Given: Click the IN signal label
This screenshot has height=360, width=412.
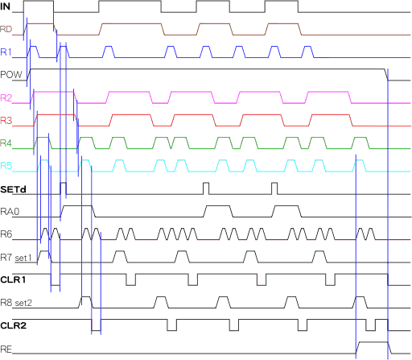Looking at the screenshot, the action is [6, 6].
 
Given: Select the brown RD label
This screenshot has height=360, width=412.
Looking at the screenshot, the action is [6, 29].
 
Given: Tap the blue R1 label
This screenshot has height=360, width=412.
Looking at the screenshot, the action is [6, 52].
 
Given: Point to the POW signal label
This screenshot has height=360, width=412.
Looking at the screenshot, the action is [11, 75].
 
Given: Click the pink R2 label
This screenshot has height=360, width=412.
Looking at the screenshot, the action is [6, 97].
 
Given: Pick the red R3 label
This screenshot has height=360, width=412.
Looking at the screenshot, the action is [6, 121].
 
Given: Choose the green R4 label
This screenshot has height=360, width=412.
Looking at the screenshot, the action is [6, 143].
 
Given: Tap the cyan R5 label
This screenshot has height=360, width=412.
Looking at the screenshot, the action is [6, 166].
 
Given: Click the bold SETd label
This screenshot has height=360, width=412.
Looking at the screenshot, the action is [13, 189].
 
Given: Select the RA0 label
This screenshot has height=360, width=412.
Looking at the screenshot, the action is [10, 212].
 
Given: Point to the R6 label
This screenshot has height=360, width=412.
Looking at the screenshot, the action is [6, 234].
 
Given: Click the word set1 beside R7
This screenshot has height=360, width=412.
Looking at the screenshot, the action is [23, 259].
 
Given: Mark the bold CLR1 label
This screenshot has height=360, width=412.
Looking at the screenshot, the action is [13, 280].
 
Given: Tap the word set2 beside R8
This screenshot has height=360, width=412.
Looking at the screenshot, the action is [23, 303].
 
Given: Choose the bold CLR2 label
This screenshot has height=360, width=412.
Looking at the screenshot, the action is [14, 326].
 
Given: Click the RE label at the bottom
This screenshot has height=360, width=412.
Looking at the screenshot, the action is [6, 350].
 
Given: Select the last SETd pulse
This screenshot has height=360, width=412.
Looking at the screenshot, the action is [274, 188].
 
